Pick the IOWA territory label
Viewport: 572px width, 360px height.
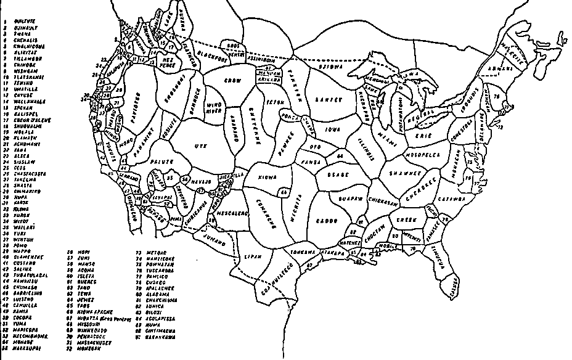(x=333, y=130)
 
